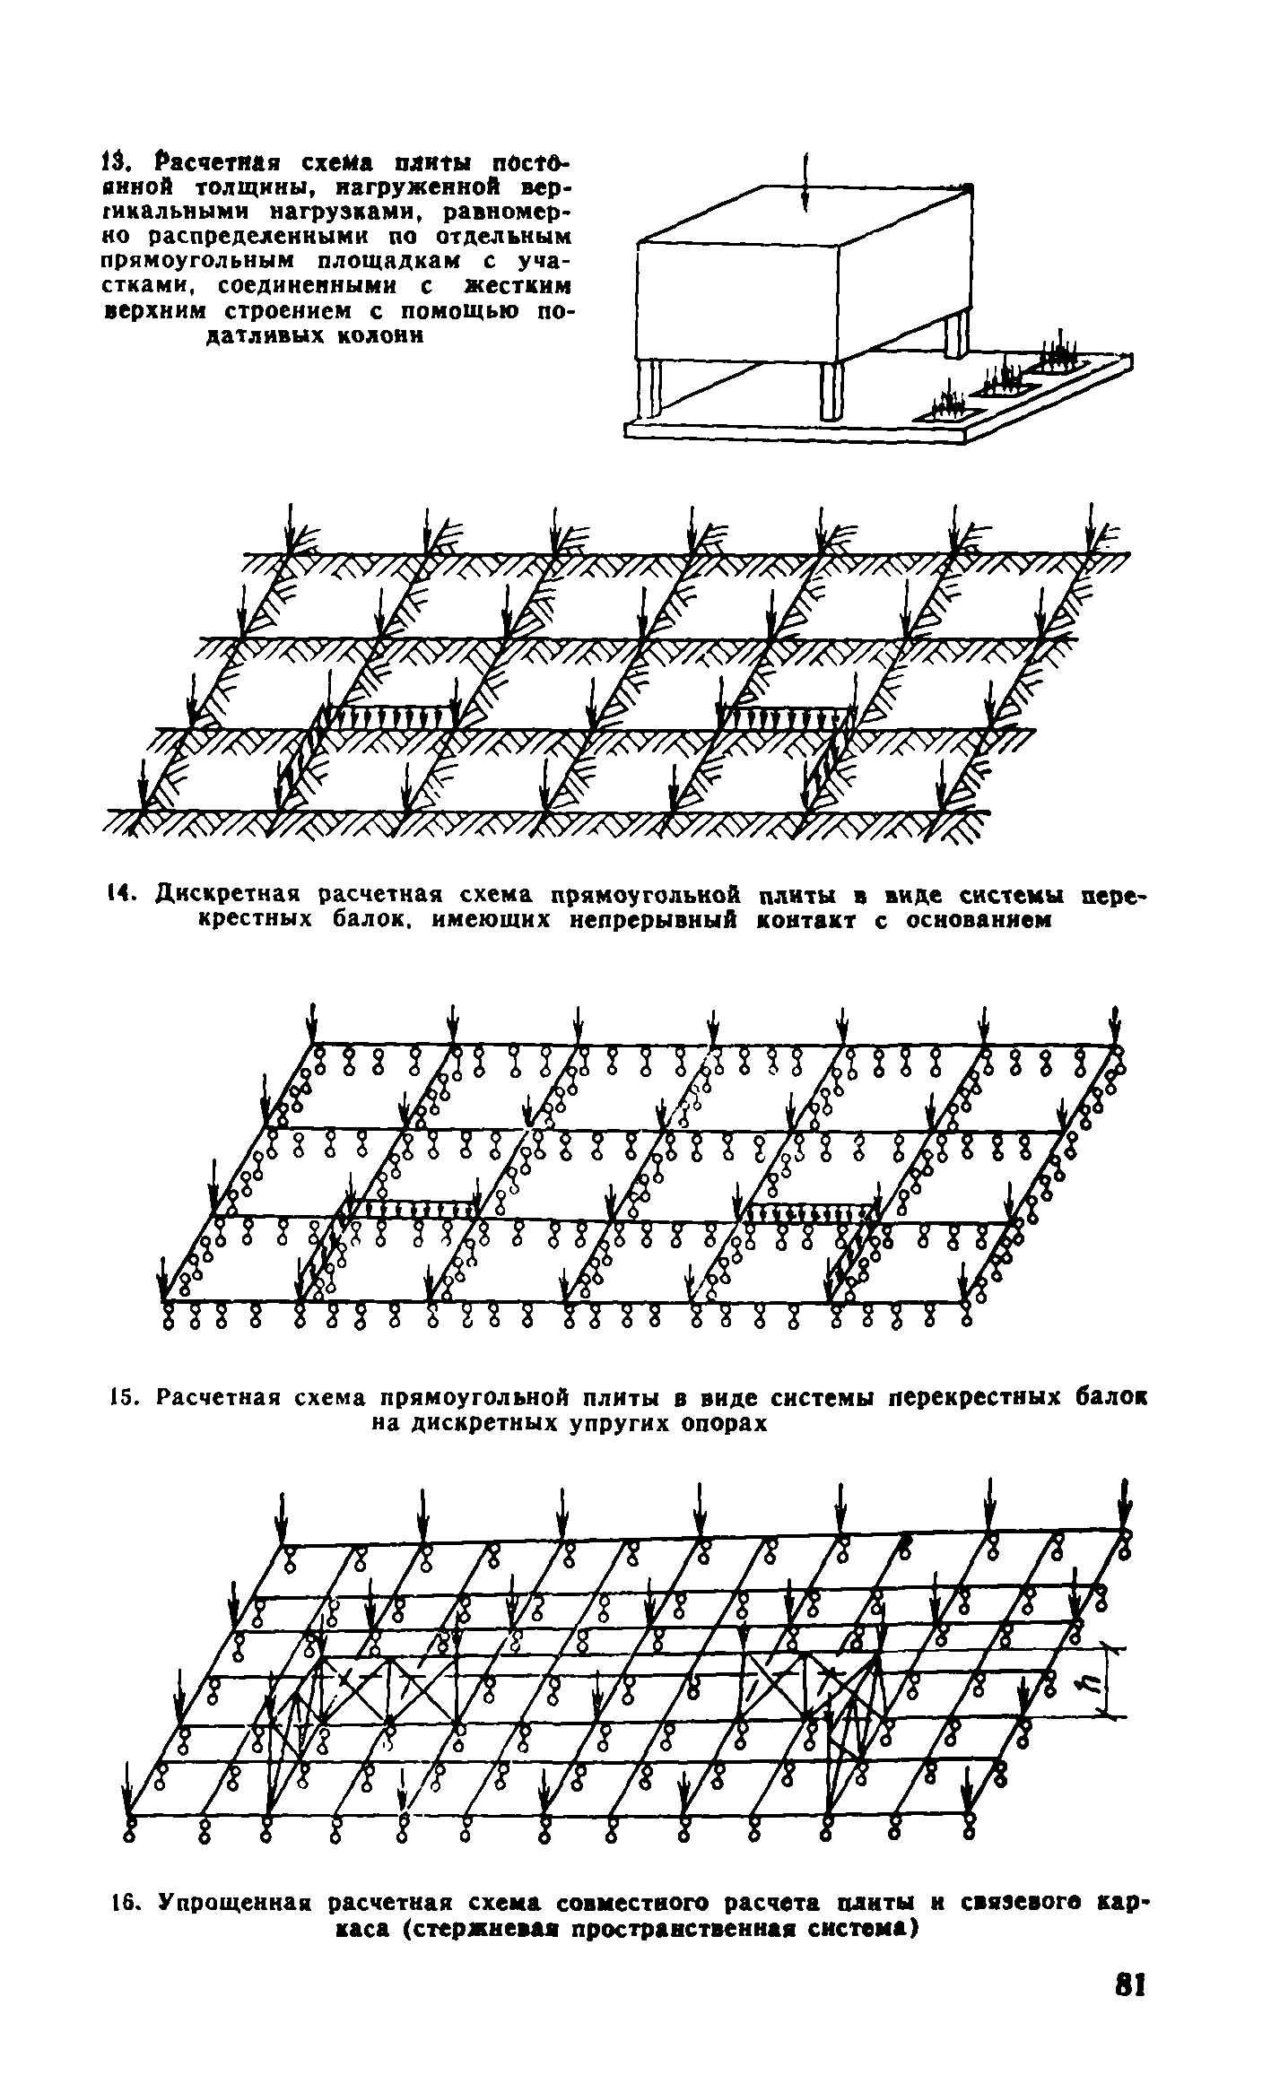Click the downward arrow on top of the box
807,183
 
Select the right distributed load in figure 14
786,716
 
